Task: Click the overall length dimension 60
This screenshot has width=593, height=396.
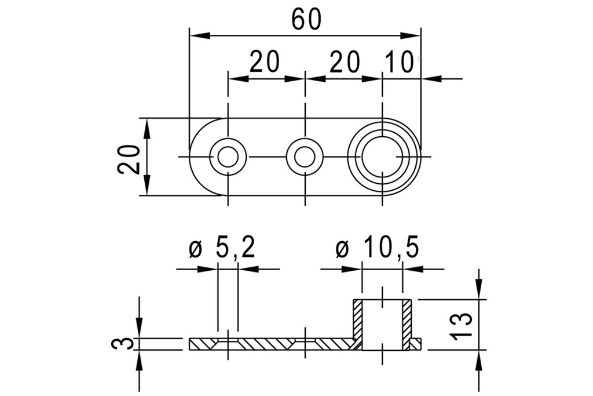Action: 306,20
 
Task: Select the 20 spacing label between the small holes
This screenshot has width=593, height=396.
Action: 265,62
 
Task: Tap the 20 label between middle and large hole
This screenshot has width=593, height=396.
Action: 345,62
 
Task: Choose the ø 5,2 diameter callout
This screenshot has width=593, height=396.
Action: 222,249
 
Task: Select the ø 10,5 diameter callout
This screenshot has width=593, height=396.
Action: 377,249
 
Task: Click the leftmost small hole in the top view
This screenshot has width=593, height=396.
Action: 228,157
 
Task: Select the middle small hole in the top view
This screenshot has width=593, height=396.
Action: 304,157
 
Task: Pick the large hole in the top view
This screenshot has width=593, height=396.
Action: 382,157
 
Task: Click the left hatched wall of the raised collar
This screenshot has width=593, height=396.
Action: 358,325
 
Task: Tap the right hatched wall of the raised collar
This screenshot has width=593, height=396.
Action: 407,325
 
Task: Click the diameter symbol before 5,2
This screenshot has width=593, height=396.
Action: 195,250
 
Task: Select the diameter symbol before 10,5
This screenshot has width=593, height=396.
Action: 342,250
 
